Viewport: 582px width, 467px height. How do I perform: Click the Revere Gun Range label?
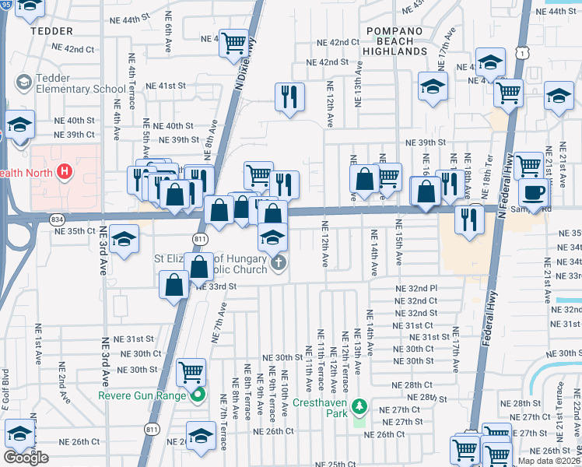(x=142, y=395)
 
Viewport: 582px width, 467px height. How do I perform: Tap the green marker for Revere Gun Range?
(x=197, y=395)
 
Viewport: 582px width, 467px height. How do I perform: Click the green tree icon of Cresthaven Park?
(x=359, y=406)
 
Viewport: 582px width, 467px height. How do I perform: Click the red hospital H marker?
(x=65, y=170)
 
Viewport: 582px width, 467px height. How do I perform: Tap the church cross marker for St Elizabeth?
(x=279, y=264)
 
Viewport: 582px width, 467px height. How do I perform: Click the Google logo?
(x=26, y=458)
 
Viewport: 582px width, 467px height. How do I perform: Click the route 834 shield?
(x=58, y=220)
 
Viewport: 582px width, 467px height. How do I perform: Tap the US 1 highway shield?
(x=526, y=51)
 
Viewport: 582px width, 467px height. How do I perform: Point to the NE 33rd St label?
(x=210, y=286)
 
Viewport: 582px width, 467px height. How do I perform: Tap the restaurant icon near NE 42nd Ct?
(x=289, y=97)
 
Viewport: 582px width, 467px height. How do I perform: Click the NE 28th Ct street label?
(x=412, y=385)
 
